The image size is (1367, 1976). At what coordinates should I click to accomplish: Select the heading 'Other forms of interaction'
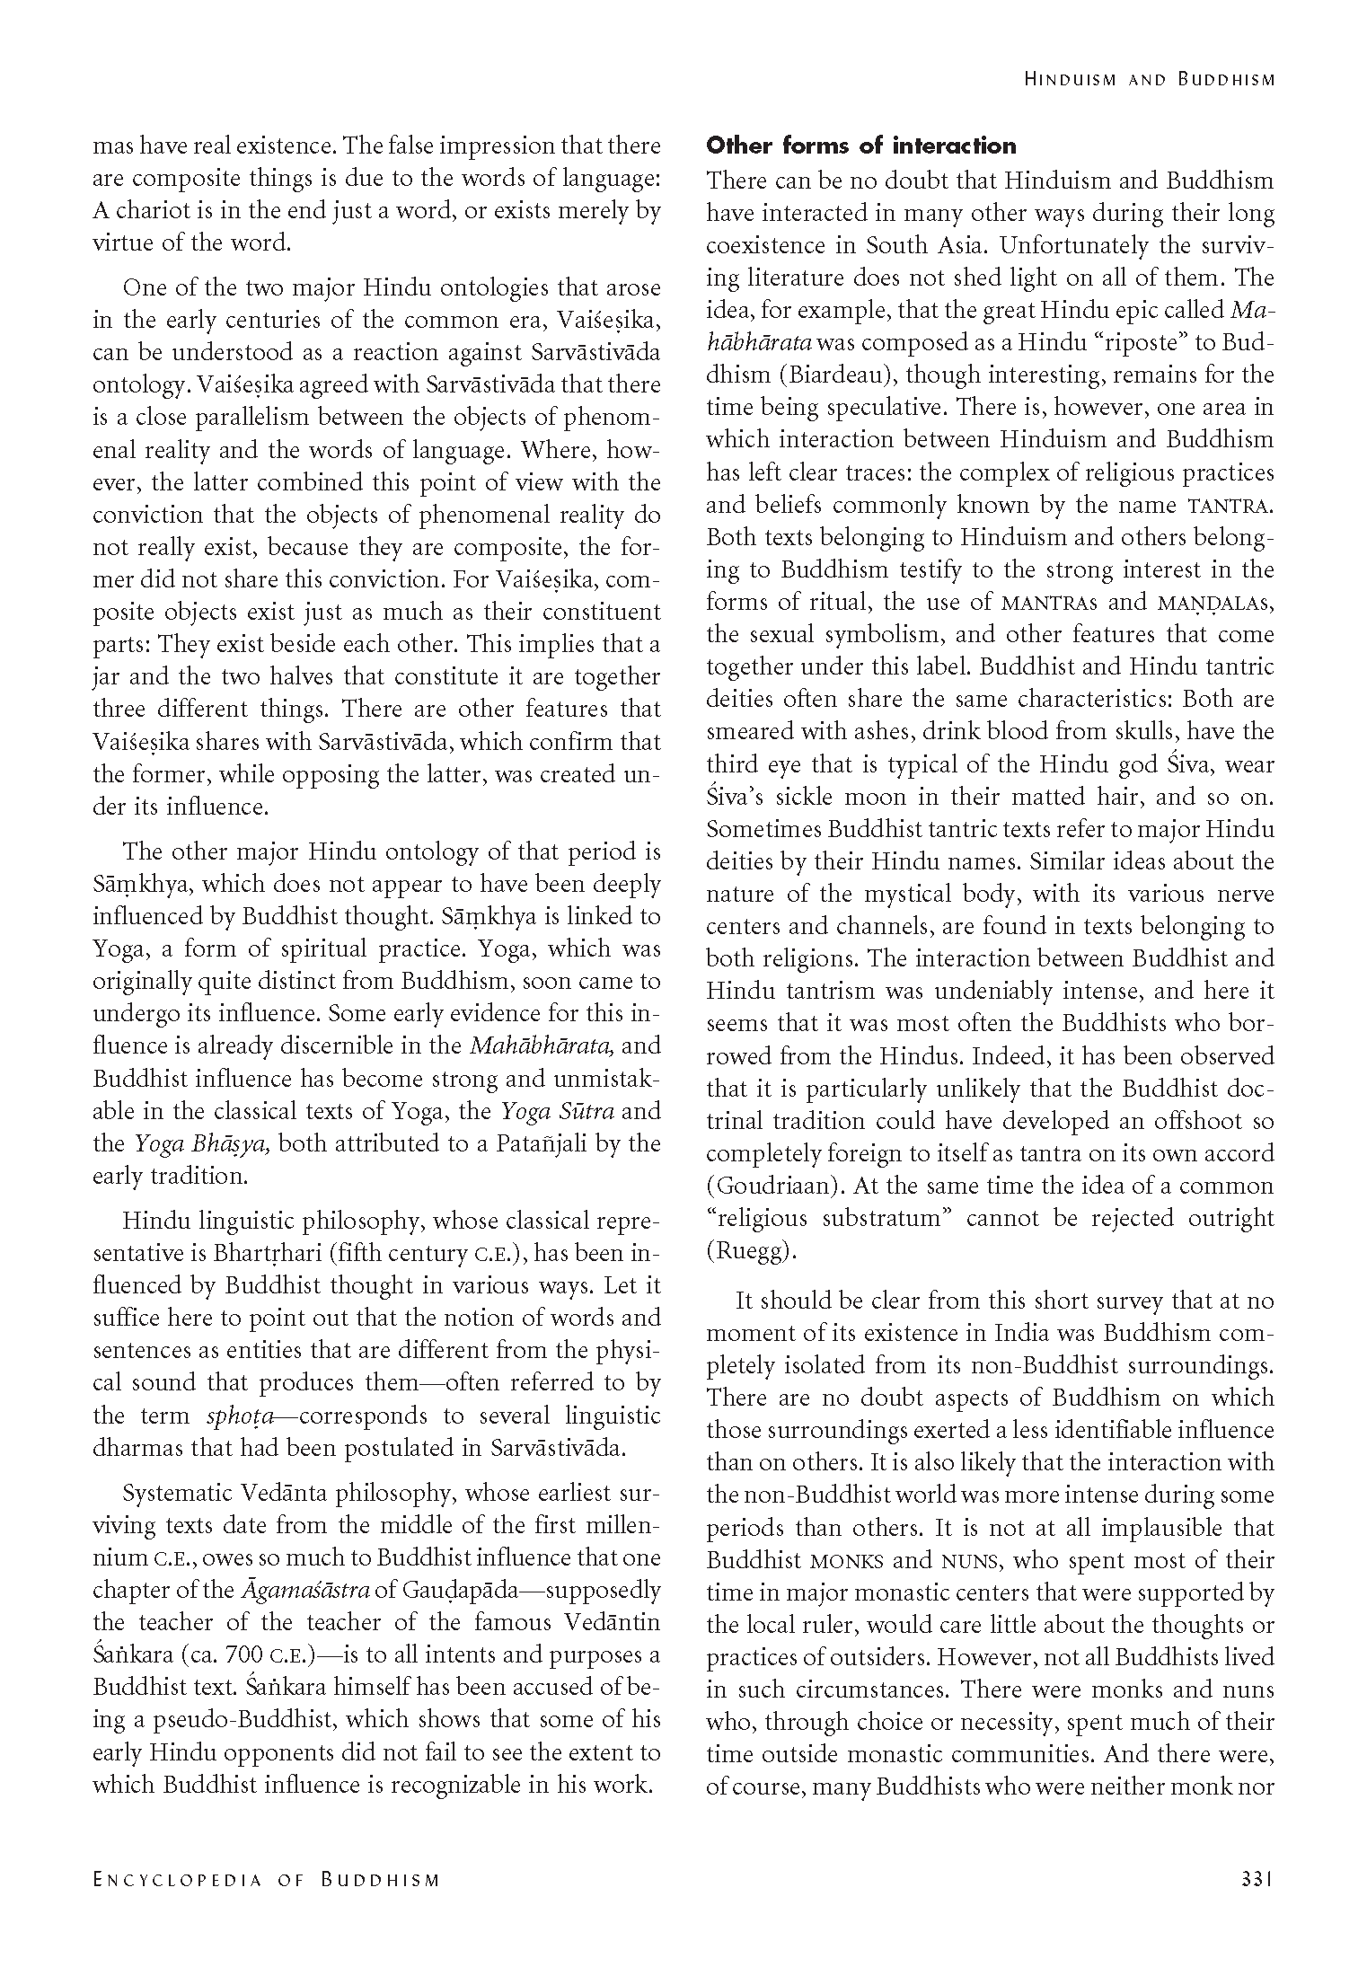(x=860, y=146)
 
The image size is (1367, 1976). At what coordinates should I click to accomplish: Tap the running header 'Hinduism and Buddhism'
(x=1149, y=80)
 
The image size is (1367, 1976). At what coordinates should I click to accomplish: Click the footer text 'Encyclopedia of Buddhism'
(x=266, y=1878)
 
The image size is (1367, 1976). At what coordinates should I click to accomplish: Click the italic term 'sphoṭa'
(x=239, y=1416)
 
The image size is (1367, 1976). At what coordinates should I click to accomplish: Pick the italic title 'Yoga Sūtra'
(x=557, y=1111)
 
